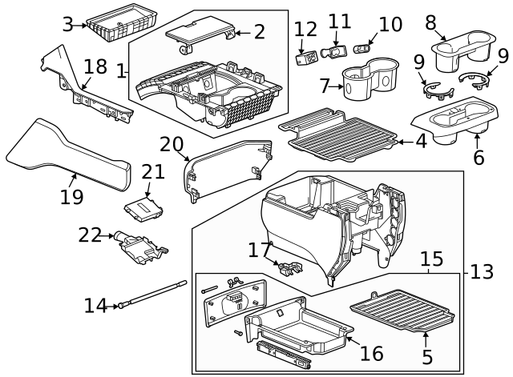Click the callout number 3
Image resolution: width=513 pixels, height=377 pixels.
pyautogui.click(x=68, y=25)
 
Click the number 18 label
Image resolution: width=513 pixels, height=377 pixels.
pyautogui.click(x=95, y=66)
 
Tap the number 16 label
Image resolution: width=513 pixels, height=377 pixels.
pyautogui.click(x=370, y=352)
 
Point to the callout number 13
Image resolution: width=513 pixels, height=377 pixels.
pyautogui.click(x=482, y=272)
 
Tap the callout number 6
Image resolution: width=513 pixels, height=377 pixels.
pyautogui.click(x=479, y=158)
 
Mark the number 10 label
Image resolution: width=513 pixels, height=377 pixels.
pyautogui.click(x=390, y=24)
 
